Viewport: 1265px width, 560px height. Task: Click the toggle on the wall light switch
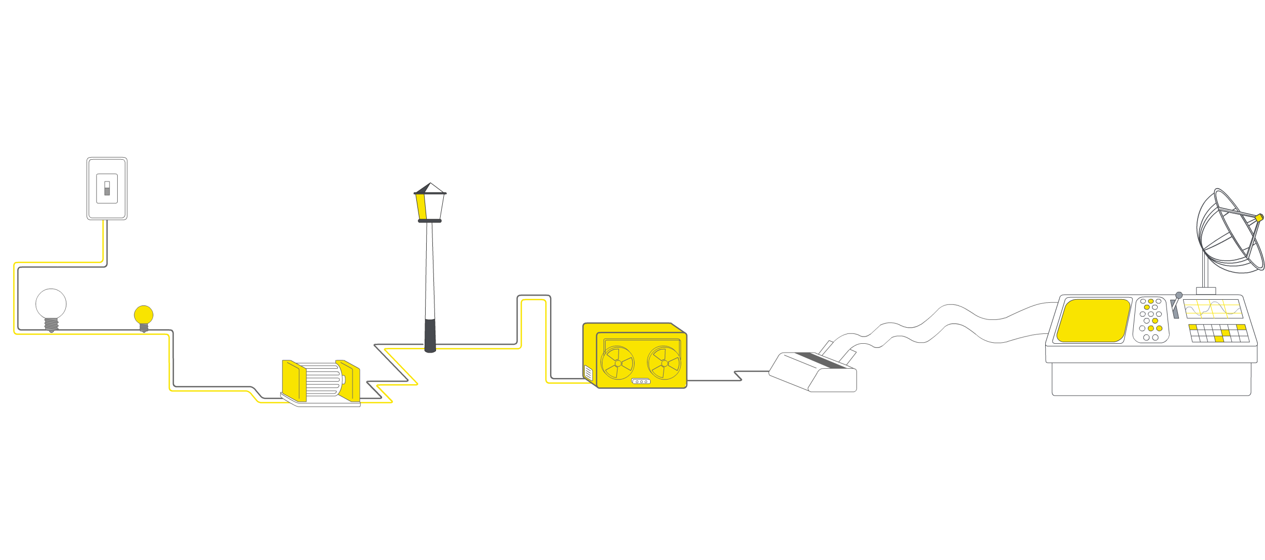click(107, 188)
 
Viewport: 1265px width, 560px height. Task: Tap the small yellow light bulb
click(144, 314)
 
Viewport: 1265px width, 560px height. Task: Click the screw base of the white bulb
click(51, 325)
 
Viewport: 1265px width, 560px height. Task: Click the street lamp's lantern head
click(430, 204)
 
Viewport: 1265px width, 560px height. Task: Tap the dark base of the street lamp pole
click(430, 336)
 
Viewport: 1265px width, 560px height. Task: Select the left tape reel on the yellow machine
click(617, 363)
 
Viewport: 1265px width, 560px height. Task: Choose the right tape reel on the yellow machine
click(664, 363)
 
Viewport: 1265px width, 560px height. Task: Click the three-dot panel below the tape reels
click(641, 382)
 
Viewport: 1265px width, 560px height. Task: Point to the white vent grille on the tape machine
click(588, 373)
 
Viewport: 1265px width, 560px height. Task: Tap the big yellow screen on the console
click(1093, 320)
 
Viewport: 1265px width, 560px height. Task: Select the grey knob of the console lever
click(1179, 295)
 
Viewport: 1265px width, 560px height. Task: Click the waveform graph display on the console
click(1213, 309)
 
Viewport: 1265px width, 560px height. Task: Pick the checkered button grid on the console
click(1218, 333)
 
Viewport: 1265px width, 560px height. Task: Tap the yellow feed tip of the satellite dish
click(1259, 218)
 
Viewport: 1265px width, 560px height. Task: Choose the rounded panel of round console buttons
click(1151, 320)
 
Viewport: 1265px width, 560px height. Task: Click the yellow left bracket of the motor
click(293, 380)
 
